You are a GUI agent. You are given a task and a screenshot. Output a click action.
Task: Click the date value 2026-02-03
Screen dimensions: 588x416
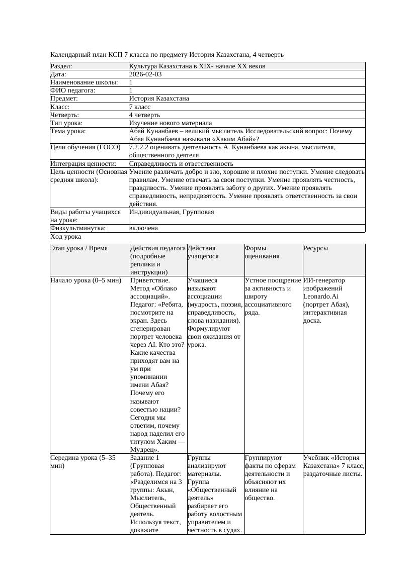pyautogui.click(x=145, y=74)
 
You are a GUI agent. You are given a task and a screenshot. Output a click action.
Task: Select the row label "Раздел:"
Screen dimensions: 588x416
pyautogui.click(x=61, y=66)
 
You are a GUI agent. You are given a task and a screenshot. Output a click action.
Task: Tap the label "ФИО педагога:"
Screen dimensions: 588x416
pyautogui.click(x=73, y=90)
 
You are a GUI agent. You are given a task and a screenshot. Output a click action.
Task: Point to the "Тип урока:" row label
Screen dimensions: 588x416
pyautogui.click(x=66, y=123)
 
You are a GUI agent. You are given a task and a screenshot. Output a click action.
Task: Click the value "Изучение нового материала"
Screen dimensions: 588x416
pyautogui.click(x=171, y=123)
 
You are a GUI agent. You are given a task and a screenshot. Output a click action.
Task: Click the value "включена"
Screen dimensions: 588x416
pyautogui.click(x=143, y=228)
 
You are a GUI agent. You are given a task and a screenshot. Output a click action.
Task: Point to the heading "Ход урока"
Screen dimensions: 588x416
pyautogui.click(x=66, y=237)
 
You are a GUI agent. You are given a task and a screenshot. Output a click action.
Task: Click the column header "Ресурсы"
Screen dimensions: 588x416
pyautogui.click(x=315, y=248)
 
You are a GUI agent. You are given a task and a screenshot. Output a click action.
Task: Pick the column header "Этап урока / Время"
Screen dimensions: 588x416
pyautogui.click(x=79, y=248)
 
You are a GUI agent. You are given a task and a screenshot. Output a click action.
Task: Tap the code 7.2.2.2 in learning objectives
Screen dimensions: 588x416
pyautogui.click(x=141, y=148)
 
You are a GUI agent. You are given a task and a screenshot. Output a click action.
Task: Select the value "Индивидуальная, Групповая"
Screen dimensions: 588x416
pyautogui.click(x=172, y=212)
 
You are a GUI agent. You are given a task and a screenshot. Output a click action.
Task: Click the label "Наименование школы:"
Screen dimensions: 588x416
pyautogui.click(x=85, y=82)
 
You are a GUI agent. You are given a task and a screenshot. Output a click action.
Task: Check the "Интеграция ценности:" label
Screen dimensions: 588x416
pyautogui.click(x=84, y=164)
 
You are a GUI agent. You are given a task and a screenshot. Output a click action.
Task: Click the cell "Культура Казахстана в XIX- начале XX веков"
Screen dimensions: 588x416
pyautogui.click(x=197, y=66)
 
